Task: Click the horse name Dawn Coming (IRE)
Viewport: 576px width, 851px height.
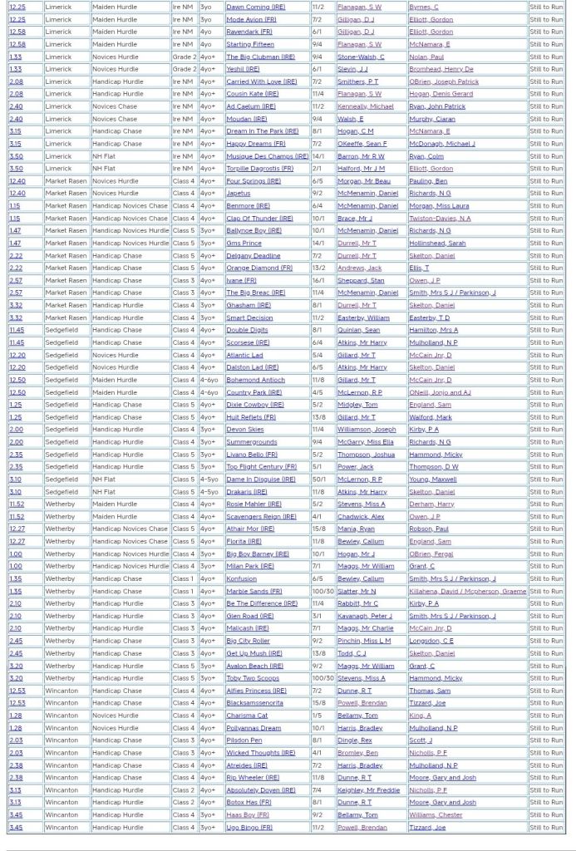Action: [255, 7]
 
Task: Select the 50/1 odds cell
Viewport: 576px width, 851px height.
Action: [318, 480]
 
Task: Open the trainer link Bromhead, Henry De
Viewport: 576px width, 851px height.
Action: [441, 69]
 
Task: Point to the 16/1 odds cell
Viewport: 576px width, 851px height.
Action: [318, 280]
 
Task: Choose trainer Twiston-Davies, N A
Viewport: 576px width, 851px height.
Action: [439, 219]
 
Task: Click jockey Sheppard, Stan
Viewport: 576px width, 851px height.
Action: [360, 280]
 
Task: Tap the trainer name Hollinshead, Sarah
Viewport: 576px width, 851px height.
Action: [436, 243]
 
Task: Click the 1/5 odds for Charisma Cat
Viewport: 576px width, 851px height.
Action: [317, 716]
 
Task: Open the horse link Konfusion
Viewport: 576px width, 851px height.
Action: [241, 578]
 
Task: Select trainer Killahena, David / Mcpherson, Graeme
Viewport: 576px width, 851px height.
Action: [467, 591]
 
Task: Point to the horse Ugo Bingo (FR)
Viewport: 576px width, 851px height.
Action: [248, 828]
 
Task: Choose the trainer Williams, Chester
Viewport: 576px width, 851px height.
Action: [435, 815]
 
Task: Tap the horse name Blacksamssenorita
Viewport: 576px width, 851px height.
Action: [254, 703]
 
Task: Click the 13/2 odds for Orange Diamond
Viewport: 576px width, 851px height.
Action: [318, 268]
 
